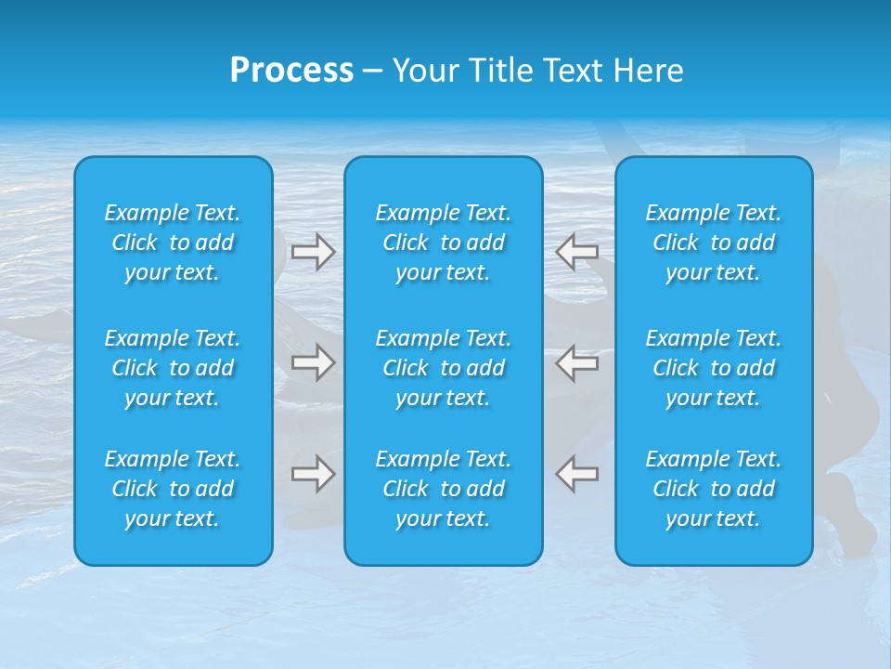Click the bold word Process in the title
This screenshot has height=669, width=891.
click(291, 71)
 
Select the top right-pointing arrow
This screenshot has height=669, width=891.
click(314, 252)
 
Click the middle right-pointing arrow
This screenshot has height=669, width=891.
click(314, 362)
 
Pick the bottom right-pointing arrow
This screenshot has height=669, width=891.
click(314, 474)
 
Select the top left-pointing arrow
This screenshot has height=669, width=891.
click(576, 252)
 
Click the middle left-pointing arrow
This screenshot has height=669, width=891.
click(576, 362)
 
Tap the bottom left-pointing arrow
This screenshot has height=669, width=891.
click(576, 474)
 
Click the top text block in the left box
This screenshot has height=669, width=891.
click(173, 243)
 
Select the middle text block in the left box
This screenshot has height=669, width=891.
click(173, 368)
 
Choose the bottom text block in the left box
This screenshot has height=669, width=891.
click(173, 489)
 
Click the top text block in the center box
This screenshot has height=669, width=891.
click(444, 243)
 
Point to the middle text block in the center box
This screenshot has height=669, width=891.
click(444, 368)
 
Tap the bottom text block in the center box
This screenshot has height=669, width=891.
click(444, 489)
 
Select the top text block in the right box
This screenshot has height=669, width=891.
click(714, 243)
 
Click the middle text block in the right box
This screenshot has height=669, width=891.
click(714, 368)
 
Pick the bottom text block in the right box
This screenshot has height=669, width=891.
click(714, 489)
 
